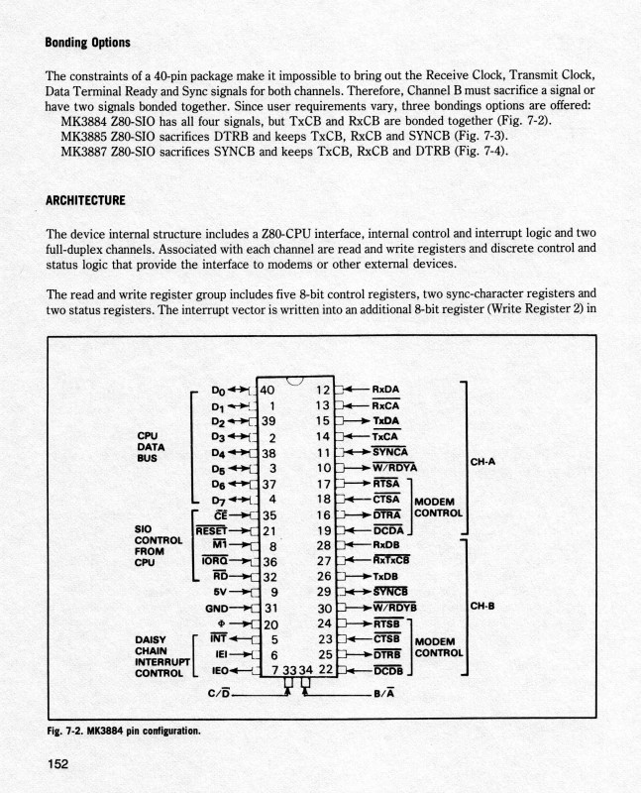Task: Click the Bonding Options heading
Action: click(x=88, y=43)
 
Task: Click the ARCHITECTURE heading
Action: click(x=85, y=200)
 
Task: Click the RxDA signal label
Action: click(x=385, y=390)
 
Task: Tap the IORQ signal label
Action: click(x=216, y=560)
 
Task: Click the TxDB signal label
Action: click(x=385, y=576)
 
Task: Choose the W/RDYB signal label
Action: click(x=394, y=608)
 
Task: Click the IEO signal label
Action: click(x=224, y=671)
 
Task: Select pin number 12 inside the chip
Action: click(x=322, y=390)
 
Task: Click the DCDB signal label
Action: click(x=389, y=671)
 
